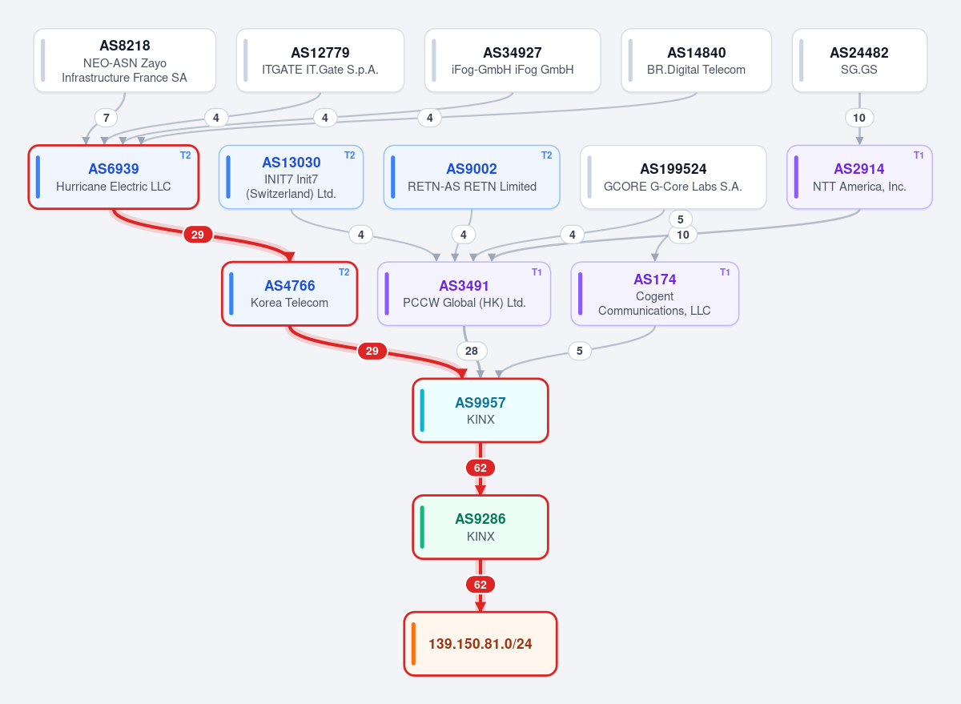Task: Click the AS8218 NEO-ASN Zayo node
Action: pyautogui.click(x=125, y=61)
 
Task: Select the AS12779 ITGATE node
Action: pyautogui.click(x=320, y=61)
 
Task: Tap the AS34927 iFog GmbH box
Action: pyautogui.click(x=513, y=61)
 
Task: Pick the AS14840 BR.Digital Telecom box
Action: pyautogui.click(x=696, y=61)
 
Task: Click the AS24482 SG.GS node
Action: pyautogui.click(x=859, y=61)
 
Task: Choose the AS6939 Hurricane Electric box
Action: pyautogui.click(x=114, y=177)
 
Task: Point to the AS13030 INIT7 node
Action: pyautogui.click(x=292, y=177)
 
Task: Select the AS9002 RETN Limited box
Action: pyautogui.click(x=472, y=177)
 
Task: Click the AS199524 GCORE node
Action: pyautogui.click(x=674, y=177)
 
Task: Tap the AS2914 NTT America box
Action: pyautogui.click(x=859, y=177)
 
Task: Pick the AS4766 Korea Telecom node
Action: pyautogui.click(x=290, y=294)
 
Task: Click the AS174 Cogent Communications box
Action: pyautogui.click(x=655, y=294)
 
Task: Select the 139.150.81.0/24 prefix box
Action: pyautogui.click(x=480, y=644)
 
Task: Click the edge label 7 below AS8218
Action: pyautogui.click(x=106, y=118)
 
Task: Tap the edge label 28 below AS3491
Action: pyautogui.click(x=472, y=351)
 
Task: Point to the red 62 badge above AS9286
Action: pyautogui.click(x=480, y=468)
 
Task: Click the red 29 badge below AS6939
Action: pyautogui.click(x=198, y=235)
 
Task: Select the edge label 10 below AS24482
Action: pyautogui.click(x=859, y=118)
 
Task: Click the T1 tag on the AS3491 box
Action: pyautogui.click(x=537, y=272)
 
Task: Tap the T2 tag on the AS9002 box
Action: pyautogui.click(x=546, y=155)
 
